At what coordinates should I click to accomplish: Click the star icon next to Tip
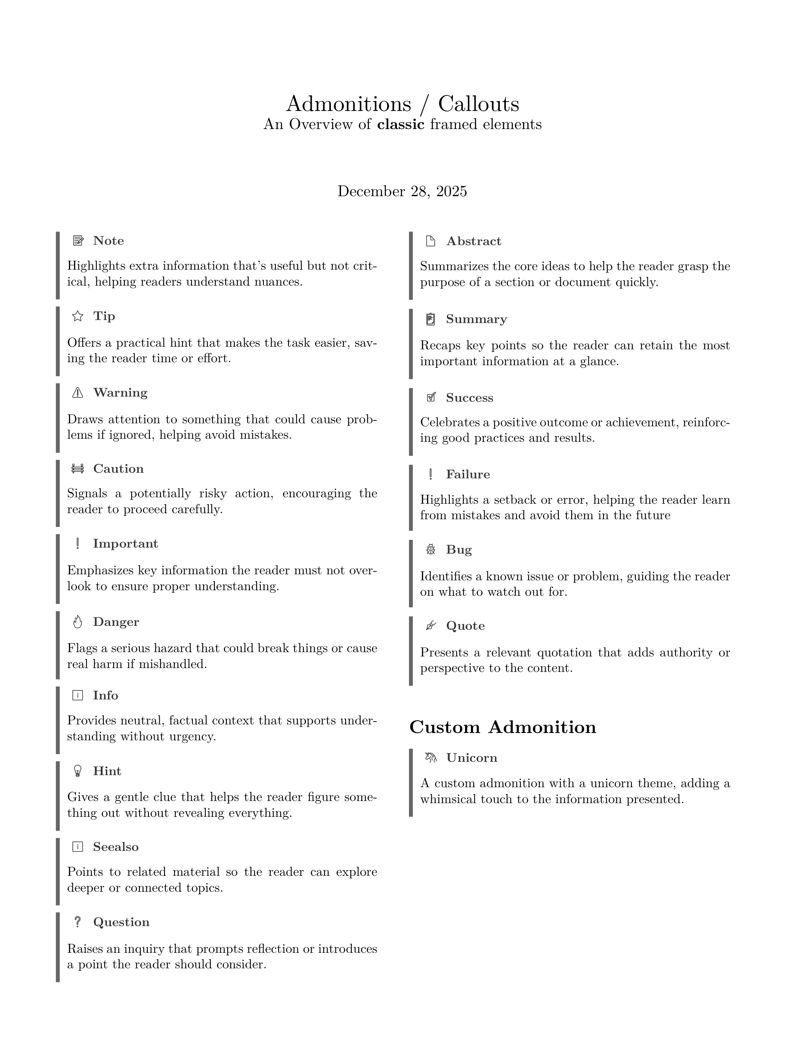(77, 316)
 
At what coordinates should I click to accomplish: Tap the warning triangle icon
(77, 392)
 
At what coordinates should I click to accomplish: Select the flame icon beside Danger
(77, 622)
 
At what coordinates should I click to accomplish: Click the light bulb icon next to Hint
(77, 771)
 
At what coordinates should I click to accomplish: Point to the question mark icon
(77, 922)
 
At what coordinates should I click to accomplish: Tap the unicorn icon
(430, 758)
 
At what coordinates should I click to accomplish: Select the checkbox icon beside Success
(430, 397)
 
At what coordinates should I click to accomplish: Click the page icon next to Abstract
(430, 241)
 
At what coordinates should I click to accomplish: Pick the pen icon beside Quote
(430, 625)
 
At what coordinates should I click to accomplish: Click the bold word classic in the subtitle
(401, 124)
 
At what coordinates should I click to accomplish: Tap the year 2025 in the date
(451, 191)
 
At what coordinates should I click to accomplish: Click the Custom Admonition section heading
(503, 727)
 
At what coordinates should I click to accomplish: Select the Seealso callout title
(116, 847)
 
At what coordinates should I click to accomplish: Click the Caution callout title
(118, 468)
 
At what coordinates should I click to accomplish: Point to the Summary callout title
(477, 319)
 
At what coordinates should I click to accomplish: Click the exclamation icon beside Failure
(430, 474)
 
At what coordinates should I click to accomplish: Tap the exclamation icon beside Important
(77, 543)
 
